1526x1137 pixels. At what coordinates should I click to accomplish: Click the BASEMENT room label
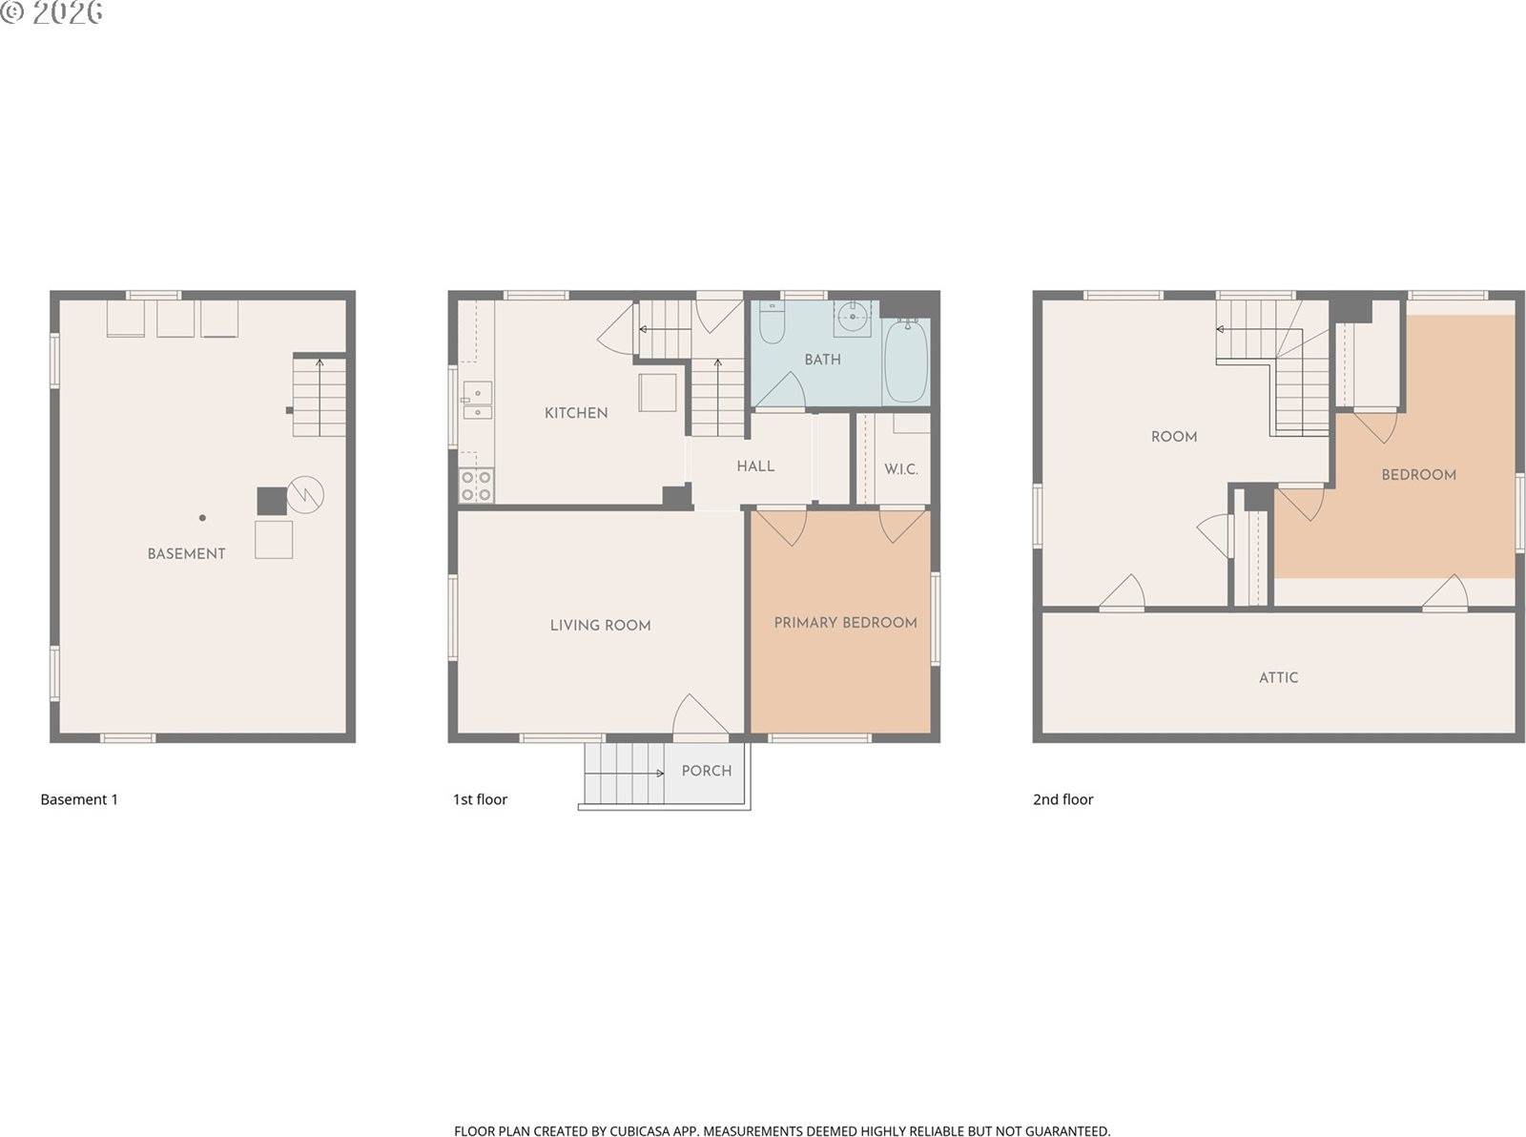tap(186, 553)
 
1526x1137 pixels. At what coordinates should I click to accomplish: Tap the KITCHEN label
tap(576, 413)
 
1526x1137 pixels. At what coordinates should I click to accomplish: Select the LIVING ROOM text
tap(600, 626)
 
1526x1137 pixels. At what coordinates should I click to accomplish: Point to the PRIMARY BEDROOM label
tap(845, 623)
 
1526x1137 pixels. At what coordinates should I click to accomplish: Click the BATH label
tap(822, 360)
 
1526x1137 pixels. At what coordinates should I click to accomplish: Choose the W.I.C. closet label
tap(900, 469)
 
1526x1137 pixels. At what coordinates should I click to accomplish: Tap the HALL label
tap(755, 466)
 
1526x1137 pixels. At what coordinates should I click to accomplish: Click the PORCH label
tap(707, 771)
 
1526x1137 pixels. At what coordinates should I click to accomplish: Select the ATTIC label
tap(1278, 677)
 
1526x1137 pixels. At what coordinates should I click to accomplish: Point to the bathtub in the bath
tap(905, 362)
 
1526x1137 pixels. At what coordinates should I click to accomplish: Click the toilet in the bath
tap(771, 323)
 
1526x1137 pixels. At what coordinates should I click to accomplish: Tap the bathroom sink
tap(852, 317)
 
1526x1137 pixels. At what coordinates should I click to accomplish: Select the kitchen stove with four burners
tap(476, 485)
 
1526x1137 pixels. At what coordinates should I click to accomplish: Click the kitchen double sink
tap(477, 401)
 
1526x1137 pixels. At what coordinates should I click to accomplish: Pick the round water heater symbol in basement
tap(305, 494)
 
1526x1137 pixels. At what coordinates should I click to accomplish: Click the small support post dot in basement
tap(202, 518)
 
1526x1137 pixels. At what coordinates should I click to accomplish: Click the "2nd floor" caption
tap(1062, 799)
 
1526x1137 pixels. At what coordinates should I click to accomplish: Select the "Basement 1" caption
tap(79, 799)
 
